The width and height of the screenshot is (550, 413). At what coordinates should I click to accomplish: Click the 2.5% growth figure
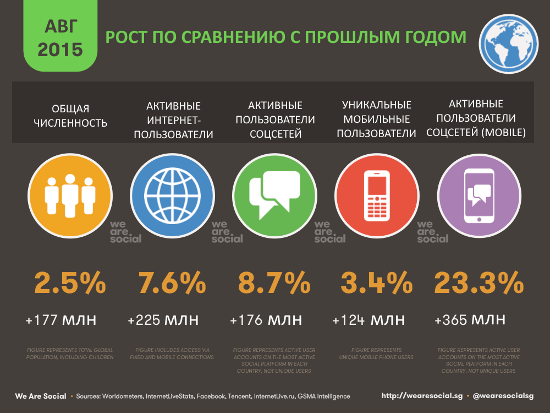(x=70, y=284)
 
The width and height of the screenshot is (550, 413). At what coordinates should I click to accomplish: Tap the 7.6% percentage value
(x=172, y=284)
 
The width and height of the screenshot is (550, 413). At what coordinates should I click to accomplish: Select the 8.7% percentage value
(x=274, y=284)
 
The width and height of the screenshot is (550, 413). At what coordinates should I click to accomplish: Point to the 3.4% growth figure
(x=377, y=284)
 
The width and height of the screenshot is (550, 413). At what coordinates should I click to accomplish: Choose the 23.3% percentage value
(x=479, y=284)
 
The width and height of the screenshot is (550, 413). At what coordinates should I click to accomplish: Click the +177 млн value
(x=61, y=320)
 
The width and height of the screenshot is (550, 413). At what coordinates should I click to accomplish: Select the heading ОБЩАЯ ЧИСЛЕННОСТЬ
(x=70, y=116)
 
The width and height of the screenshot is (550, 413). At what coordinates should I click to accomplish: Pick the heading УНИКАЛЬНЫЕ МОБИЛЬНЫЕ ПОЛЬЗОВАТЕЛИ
(x=377, y=119)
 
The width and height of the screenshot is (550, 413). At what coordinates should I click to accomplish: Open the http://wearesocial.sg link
(x=421, y=396)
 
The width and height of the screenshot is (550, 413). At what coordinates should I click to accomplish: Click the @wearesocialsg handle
(x=503, y=396)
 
